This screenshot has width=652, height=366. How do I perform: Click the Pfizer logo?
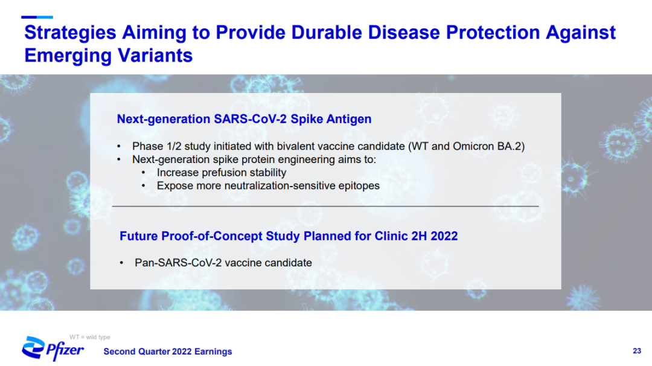53,348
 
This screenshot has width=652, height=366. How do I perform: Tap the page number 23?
637,351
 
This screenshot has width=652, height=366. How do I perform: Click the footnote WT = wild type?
90,337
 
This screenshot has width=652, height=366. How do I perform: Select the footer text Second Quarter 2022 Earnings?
168,352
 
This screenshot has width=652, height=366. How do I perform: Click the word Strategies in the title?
70,33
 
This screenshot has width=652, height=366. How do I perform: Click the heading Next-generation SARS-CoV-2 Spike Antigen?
244,119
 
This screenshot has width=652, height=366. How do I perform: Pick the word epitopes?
359,186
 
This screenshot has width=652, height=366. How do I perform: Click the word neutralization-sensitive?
280,185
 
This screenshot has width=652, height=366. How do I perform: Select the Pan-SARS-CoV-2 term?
177,263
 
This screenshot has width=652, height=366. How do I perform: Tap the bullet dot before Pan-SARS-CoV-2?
121,263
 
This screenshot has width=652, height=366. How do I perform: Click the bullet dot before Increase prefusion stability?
144,173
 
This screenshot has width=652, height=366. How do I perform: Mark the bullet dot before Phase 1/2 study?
119,146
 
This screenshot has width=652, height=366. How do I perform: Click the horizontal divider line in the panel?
325,207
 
